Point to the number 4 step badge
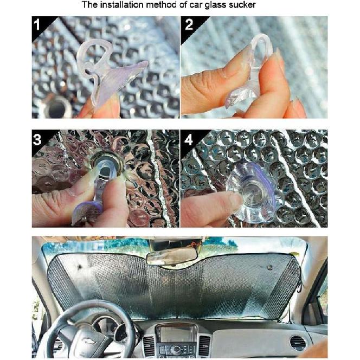pyautogui.click(x=189, y=139)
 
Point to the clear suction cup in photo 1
pyautogui.click(x=108, y=76)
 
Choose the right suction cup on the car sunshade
pyautogui.click(x=269, y=267)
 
